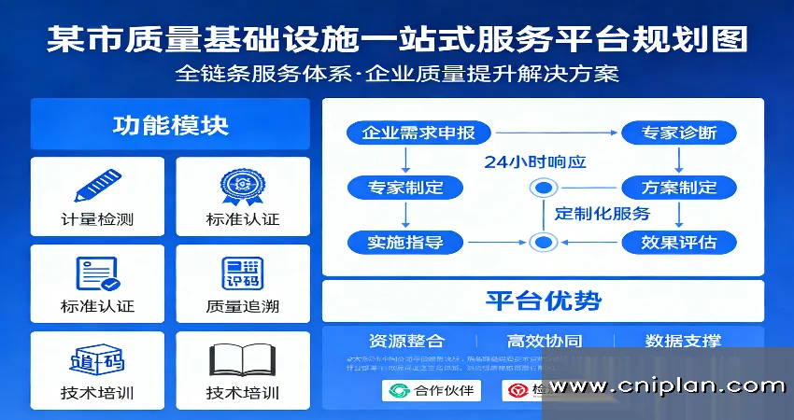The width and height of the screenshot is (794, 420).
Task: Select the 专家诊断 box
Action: [x=679, y=133]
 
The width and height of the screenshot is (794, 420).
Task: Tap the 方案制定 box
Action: [x=679, y=188]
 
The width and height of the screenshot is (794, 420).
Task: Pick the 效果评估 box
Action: [x=679, y=243]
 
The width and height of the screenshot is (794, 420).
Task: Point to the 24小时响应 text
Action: [x=535, y=161]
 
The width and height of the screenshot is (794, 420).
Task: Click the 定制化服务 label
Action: [x=603, y=213]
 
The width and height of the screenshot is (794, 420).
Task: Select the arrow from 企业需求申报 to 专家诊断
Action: [x=551, y=133]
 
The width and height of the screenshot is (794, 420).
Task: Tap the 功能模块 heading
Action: [x=170, y=125]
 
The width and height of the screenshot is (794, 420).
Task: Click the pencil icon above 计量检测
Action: [x=97, y=186]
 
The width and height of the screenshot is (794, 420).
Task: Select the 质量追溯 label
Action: [x=243, y=306]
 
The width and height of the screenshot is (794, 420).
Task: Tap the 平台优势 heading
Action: [x=543, y=301]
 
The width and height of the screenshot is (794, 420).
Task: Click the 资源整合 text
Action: [x=406, y=341]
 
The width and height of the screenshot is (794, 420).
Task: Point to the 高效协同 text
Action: [x=545, y=341]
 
